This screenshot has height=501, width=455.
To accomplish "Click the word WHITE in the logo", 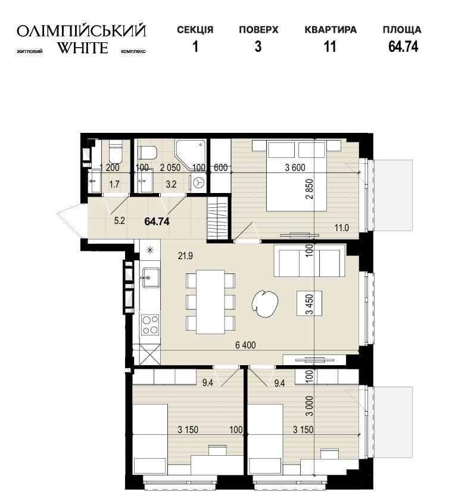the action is pyautogui.click(x=82, y=48).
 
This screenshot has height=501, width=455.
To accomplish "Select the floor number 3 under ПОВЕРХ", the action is pyautogui.click(x=258, y=46).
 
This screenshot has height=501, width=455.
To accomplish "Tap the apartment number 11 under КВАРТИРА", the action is pyautogui.click(x=330, y=46).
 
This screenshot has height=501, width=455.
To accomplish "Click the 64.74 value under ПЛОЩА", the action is pyautogui.click(x=403, y=46).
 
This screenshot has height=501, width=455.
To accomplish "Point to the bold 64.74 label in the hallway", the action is pyautogui.click(x=157, y=221).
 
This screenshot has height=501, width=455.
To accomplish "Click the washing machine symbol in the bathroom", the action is pyautogui.click(x=199, y=182).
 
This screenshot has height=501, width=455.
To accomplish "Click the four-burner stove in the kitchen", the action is pyautogui.click(x=151, y=325).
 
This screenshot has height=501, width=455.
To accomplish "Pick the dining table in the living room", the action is pyautogui.click(x=211, y=301).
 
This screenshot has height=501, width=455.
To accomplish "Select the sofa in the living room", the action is pyautogui.click(x=310, y=260).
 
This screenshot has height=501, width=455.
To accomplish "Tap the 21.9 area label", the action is pyautogui.click(x=185, y=256).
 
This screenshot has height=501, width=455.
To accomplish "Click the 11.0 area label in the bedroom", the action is pyautogui.click(x=342, y=228).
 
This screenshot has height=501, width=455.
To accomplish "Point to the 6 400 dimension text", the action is pyautogui.click(x=245, y=345).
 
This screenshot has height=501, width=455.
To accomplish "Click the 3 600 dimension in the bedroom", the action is pyautogui.click(x=295, y=167).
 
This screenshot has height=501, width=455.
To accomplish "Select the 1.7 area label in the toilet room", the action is pyautogui.click(x=114, y=184).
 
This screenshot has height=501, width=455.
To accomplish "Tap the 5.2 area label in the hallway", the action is pyautogui.click(x=119, y=221).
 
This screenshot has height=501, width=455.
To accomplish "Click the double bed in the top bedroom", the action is pyautogui.click(x=297, y=175).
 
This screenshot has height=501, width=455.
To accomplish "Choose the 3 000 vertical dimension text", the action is pyautogui.click(x=309, y=406).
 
